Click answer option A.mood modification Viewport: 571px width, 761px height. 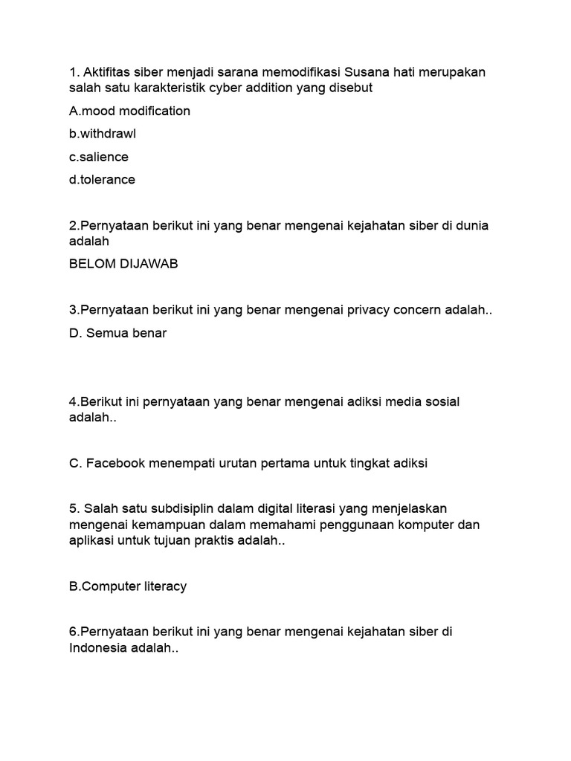[129, 111]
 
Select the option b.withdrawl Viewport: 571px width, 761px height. [103, 134]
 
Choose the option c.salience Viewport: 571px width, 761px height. [99, 157]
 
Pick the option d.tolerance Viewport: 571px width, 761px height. [102, 180]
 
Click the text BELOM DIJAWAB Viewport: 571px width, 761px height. [123, 265]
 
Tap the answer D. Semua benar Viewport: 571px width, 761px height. [117, 333]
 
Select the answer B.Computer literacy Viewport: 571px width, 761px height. [127, 586]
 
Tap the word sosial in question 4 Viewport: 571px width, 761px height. [441, 402]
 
